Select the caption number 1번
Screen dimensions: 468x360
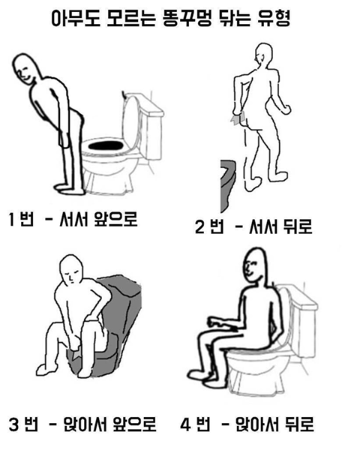click(23, 222)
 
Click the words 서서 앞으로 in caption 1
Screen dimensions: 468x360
click(105, 221)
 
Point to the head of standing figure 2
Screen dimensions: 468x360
click(264, 55)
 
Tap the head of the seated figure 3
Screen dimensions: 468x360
click(72, 268)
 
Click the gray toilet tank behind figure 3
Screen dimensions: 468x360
click(120, 300)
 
